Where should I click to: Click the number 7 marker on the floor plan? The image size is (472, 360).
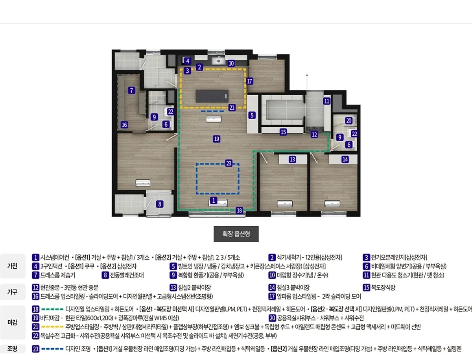[132, 90]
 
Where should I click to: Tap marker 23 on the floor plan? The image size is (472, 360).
[229, 163]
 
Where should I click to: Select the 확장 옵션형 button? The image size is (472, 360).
[236, 234]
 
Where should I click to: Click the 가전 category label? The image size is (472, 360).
[12, 266]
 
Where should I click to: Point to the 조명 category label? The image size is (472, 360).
[12, 349]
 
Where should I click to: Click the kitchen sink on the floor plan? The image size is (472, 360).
[218, 61]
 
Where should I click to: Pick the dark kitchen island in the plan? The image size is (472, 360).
[212, 96]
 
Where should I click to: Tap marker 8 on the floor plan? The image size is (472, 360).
[160, 204]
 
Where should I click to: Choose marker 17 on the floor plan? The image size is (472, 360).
[249, 81]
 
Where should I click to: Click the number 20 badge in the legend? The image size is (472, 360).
[272, 318]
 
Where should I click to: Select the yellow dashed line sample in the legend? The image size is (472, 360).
[52, 327]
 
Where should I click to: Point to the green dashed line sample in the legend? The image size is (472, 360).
[52, 309]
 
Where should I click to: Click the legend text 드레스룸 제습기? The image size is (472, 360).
[58, 275]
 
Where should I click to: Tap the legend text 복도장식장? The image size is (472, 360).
[383, 288]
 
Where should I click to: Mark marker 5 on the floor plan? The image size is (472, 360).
[252, 115]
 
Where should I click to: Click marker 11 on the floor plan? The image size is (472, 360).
[326, 101]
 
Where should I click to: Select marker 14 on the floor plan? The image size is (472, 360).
[345, 159]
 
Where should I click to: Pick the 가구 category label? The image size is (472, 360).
[12, 292]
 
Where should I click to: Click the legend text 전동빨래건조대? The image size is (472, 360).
[127, 275]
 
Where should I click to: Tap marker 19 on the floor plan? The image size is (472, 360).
[217, 139]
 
